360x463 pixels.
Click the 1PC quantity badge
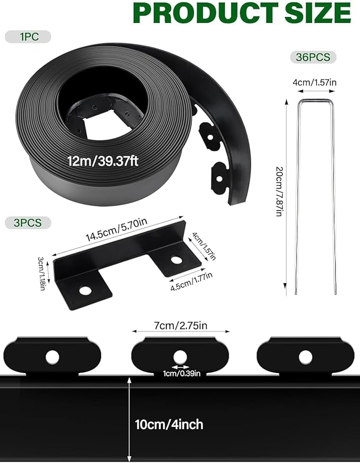click(x=28, y=37)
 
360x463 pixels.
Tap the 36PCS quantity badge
click(x=313, y=57)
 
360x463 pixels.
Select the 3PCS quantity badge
click(x=28, y=222)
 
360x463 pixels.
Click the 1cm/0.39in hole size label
click(x=181, y=373)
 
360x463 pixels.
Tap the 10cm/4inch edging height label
click(x=169, y=424)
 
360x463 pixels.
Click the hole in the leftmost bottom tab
click(x=52, y=357)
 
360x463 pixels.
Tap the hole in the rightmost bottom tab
click(x=305, y=357)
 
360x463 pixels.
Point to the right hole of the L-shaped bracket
click(x=174, y=260)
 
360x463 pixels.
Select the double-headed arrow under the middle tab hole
click(x=180, y=367)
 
